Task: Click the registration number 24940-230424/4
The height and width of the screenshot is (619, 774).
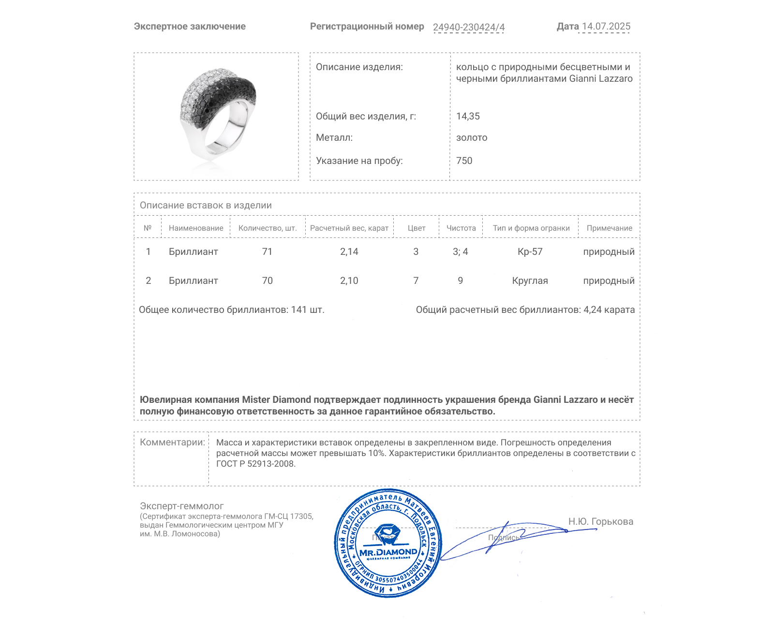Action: pyautogui.click(x=468, y=27)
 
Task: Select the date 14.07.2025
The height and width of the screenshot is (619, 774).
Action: pyautogui.click(x=606, y=26)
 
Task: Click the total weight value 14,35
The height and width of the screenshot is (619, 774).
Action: pyautogui.click(x=468, y=116)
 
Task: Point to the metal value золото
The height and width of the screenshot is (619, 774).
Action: pyautogui.click(x=472, y=137)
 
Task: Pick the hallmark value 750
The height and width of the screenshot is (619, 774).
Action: pyautogui.click(x=464, y=161)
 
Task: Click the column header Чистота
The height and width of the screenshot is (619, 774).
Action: pyautogui.click(x=461, y=228)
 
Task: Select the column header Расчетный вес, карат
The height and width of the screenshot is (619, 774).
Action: pyautogui.click(x=349, y=228)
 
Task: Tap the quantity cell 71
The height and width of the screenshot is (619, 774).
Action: pyautogui.click(x=267, y=251)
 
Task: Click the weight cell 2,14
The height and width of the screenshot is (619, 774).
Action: pyautogui.click(x=349, y=251)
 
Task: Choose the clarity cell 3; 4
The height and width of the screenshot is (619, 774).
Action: pyautogui.click(x=460, y=251)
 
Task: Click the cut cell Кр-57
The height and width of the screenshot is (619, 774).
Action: pyautogui.click(x=530, y=251)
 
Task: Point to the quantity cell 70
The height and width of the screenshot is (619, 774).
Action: pyautogui.click(x=267, y=280)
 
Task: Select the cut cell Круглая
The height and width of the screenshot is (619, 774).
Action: pyautogui.click(x=530, y=280)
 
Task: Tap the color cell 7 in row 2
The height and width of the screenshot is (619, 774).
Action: pyautogui.click(x=416, y=280)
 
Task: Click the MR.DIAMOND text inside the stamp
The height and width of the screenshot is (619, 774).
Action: pyautogui.click(x=388, y=552)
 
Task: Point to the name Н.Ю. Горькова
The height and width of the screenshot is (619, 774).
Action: pyautogui.click(x=600, y=521)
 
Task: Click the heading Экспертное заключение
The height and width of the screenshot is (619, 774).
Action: pyautogui.click(x=190, y=27)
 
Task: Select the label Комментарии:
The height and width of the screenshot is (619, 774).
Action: pyautogui.click(x=172, y=442)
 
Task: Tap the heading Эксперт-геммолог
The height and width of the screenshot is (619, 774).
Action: pyautogui.click(x=181, y=506)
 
